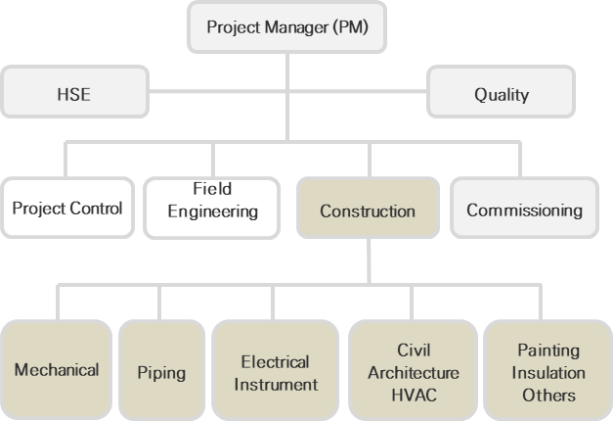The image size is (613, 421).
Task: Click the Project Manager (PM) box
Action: (x=287, y=26)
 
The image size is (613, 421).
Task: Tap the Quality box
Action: (x=502, y=95)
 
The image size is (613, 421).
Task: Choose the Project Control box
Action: (x=67, y=209)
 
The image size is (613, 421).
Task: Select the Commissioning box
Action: (x=524, y=210)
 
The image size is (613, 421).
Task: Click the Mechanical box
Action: (x=56, y=370)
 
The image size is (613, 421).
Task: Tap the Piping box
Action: (x=161, y=373)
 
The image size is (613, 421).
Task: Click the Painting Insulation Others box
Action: (x=548, y=372)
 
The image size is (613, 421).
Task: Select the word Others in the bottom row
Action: (x=548, y=396)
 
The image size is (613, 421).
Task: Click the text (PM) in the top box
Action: (x=349, y=26)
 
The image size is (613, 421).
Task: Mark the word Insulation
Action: (x=548, y=373)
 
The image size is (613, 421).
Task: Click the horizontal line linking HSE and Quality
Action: (x=287, y=96)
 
